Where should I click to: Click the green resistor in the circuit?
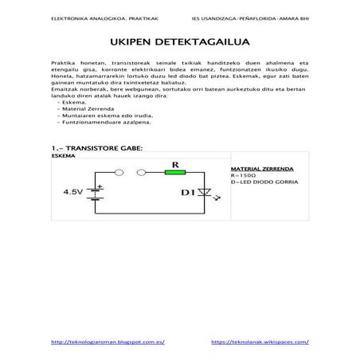point(175,172)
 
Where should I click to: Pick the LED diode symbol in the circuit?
point(205,193)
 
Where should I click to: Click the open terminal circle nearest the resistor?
point(144,173)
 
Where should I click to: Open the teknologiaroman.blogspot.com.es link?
point(107,341)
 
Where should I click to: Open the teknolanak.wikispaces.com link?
point(260,341)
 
